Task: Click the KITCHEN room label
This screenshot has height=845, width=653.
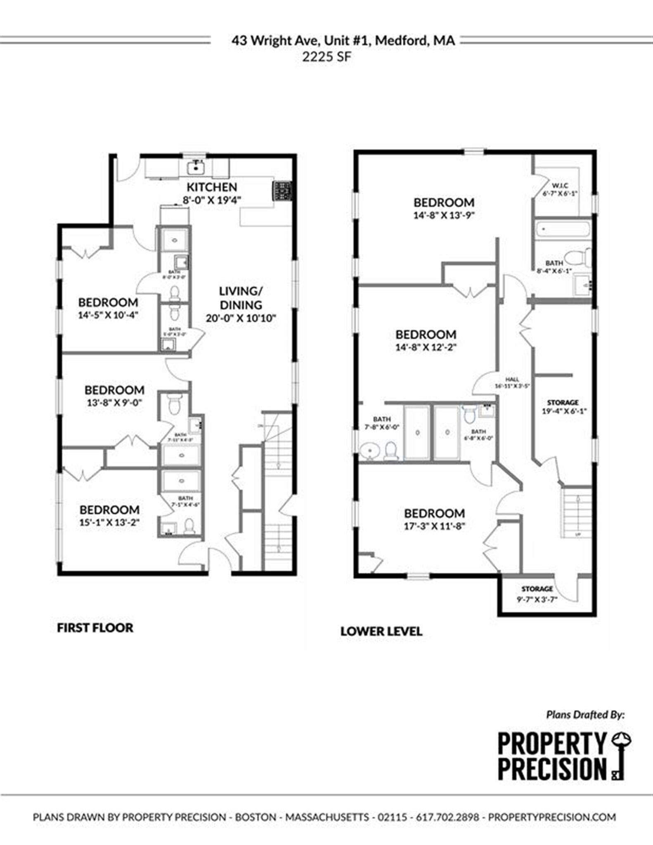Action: (x=212, y=187)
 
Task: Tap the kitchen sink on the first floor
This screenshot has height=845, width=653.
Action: (x=196, y=168)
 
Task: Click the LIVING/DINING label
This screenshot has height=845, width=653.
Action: (x=241, y=298)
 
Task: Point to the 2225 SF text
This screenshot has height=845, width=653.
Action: (x=326, y=57)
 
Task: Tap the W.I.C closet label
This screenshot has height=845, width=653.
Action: (x=559, y=185)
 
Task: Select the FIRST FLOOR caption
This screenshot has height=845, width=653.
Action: (x=95, y=628)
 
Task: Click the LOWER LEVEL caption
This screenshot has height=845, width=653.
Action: (x=381, y=631)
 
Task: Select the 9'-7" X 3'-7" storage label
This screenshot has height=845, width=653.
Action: (x=537, y=600)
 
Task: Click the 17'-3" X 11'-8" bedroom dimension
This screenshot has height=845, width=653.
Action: (x=435, y=526)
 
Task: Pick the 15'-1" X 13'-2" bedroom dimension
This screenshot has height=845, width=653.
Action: (x=109, y=522)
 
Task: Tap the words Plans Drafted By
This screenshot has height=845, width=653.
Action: (x=585, y=714)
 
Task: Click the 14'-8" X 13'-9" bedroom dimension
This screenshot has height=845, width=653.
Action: (x=444, y=215)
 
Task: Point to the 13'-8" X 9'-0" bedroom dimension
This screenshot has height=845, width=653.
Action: (x=114, y=402)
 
